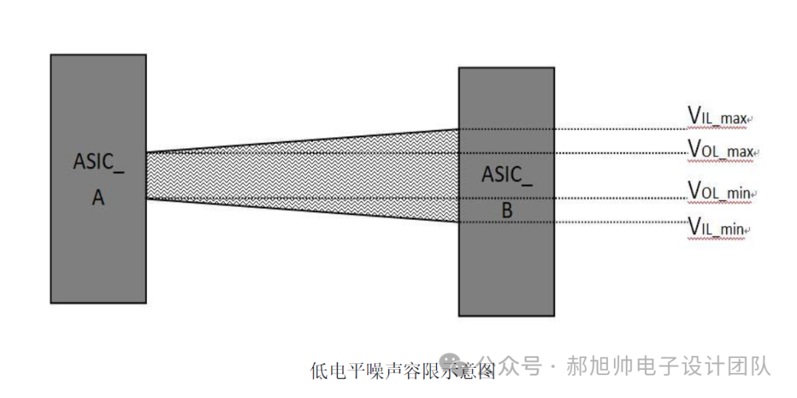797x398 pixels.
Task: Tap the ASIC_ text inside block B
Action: pos(506,176)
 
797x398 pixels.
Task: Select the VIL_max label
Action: pos(717,116)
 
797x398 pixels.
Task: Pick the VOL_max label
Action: pos(720,149)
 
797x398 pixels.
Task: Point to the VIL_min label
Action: pos(715,227)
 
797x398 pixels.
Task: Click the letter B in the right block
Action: pos(506,210)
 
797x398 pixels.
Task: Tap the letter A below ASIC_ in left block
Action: pos(98,198)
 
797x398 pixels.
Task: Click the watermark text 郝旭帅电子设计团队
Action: pos(668,366)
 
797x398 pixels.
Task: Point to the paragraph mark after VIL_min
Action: pos(748,231)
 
